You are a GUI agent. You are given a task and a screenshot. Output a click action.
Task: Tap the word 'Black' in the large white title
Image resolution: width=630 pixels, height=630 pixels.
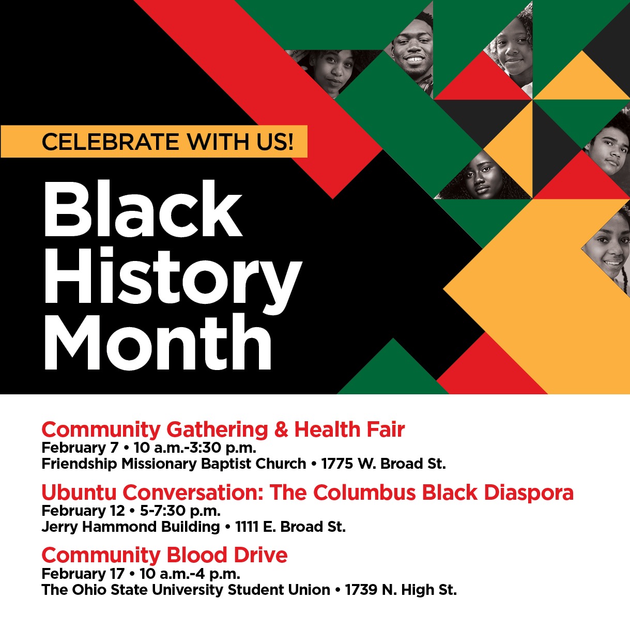(143, 209)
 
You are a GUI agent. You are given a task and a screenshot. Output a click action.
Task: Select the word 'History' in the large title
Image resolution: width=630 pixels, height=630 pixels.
(172, 276)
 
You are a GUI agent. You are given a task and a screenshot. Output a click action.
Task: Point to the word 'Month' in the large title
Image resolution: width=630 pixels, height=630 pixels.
(158, 343)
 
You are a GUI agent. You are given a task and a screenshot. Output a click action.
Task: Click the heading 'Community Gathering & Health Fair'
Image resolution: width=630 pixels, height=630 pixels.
(223, 429)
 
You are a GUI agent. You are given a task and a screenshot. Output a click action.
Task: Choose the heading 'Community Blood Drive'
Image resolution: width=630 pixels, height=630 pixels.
(164, 555)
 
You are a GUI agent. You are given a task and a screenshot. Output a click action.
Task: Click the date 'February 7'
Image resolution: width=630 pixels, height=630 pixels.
(80, 448)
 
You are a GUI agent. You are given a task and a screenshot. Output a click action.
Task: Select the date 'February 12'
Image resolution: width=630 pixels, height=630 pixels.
(83, 511)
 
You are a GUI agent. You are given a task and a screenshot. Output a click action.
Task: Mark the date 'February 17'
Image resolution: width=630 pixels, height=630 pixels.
(83, 574)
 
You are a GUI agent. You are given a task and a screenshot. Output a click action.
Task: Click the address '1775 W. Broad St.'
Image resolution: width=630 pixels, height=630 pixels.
(383, 464)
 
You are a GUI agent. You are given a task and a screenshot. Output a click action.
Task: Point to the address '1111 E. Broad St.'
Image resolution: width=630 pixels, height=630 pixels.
(290, 527)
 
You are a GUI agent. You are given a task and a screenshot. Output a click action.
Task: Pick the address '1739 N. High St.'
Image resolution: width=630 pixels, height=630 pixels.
(401, 590)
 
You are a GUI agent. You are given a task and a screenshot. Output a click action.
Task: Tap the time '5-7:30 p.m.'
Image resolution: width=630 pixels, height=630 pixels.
(180, 511)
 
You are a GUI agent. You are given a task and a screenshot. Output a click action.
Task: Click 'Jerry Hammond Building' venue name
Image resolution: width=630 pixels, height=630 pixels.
(131, 527)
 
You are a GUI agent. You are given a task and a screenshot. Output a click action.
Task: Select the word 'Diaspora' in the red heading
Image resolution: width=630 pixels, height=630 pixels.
(529, 493)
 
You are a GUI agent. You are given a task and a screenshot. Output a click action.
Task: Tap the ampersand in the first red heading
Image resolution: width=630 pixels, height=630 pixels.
(281, 429)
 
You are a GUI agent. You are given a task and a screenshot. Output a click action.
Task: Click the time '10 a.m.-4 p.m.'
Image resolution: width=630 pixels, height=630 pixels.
(190, 574)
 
